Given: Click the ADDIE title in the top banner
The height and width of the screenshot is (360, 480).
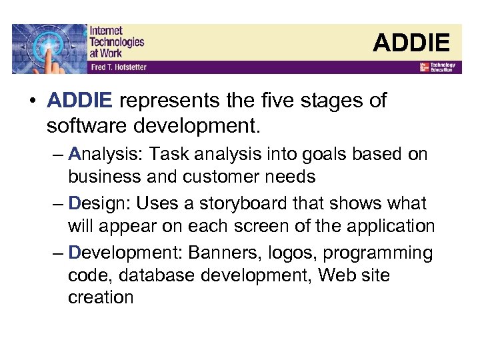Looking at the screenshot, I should point(411,43).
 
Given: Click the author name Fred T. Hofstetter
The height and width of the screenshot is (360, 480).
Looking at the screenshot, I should point(118,67).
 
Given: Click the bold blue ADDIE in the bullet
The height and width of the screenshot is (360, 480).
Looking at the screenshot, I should point(80,101).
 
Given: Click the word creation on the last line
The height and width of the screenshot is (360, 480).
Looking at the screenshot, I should point(101,297).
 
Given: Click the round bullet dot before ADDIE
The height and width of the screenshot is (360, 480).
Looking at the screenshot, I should point(31,101).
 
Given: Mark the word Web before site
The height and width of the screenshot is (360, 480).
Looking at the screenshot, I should point(337,275).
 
